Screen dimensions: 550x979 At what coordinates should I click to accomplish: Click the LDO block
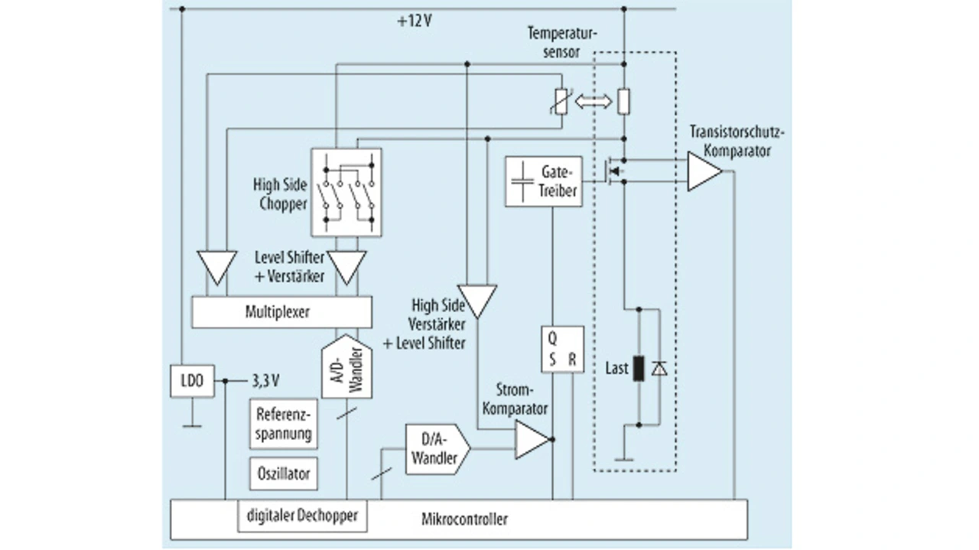pyautogui.click(x=187, y=381)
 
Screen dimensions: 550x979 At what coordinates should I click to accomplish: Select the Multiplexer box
pyautogui.click(x=281, y=312)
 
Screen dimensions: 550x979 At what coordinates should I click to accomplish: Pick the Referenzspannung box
pyautogui.click(x=284, y=425)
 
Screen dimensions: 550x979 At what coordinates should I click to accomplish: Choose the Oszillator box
pyautogui.click(x=284, y=474)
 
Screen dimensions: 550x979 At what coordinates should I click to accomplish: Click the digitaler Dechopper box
pyautogui.click(x=302, y=516)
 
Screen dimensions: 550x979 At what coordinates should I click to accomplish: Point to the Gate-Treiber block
pyautogui.click(x=542, y=182)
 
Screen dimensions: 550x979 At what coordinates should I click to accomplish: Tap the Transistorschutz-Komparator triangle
pyautogui.click(x=702, y=171)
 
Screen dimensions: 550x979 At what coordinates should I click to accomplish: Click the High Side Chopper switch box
pyautogui.click(x=346, y=192)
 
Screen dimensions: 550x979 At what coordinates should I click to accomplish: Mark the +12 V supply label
pyautogui.click(x=415, y=21)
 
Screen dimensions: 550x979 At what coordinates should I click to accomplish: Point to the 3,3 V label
pyautogui.click(x=265, y=379)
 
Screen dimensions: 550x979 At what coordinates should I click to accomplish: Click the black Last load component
pyautogui.click(x=638, y=368)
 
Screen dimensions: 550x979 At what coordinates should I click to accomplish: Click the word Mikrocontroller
pyautogui.click(x=464, y=520)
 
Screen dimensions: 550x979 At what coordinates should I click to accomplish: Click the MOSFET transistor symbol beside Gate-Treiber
pyautogui.click(x=615, y=171)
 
